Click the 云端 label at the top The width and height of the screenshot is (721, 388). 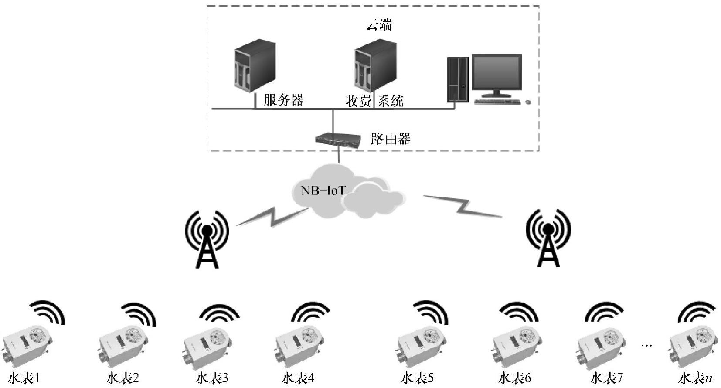378,25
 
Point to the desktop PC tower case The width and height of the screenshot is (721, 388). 458,80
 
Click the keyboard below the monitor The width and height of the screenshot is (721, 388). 497,102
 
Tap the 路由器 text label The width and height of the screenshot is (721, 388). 390,139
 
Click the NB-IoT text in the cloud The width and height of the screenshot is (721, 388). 323,191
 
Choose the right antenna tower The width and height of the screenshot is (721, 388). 548,238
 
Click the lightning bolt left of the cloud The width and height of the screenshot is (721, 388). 272,217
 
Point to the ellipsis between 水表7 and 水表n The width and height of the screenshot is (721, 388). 647,346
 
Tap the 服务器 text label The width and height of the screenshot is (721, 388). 283,100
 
